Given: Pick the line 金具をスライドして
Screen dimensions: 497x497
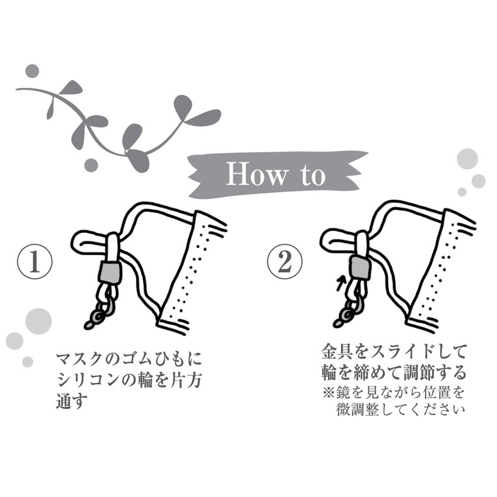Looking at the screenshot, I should coord(394,351).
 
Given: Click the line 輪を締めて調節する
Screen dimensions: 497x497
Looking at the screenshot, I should coord(394,372).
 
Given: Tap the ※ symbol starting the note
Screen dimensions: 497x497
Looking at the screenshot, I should coord(327,391).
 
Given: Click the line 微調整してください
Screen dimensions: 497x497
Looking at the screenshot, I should coord(401,409).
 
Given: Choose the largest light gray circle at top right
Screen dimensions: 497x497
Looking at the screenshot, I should coord(467,158).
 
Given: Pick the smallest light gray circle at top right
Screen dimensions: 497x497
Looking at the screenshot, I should coord(462,192).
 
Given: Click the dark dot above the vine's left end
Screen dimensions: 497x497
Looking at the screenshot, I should coord(33,71).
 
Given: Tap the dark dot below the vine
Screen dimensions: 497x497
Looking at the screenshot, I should coord(91,165).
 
